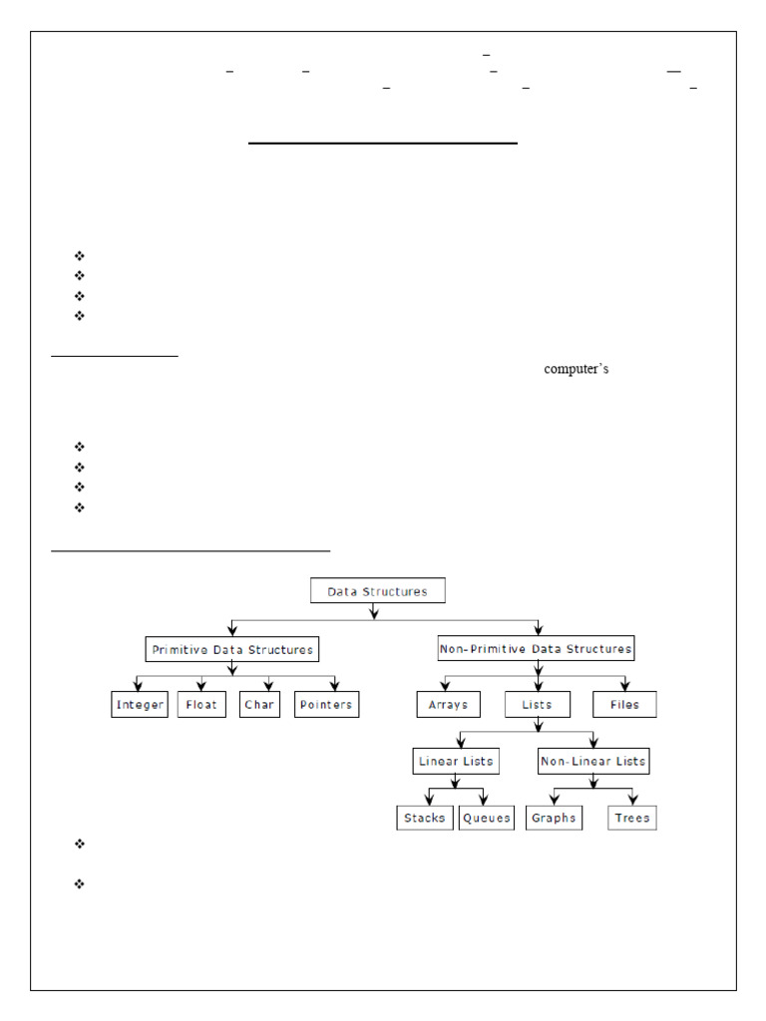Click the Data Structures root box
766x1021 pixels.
(378, 591)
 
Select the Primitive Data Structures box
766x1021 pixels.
(231, 649)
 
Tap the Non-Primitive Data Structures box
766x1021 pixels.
(536, 649)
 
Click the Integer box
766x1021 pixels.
(140, 705)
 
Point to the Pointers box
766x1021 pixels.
(326, 705)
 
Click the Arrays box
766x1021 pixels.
(448, 705)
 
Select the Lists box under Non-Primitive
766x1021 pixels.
(537, 705)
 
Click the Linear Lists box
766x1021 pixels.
(455, 762)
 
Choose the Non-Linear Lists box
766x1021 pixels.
(593, 762)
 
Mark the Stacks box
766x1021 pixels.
(425, 818)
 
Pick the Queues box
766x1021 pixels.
(487, 818)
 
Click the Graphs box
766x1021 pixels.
(554, 818)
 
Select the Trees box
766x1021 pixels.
(632, 818)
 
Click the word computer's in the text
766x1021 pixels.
(576, 369)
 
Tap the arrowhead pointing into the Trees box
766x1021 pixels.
(632, 801)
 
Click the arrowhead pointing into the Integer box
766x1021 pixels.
(140, 687)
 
